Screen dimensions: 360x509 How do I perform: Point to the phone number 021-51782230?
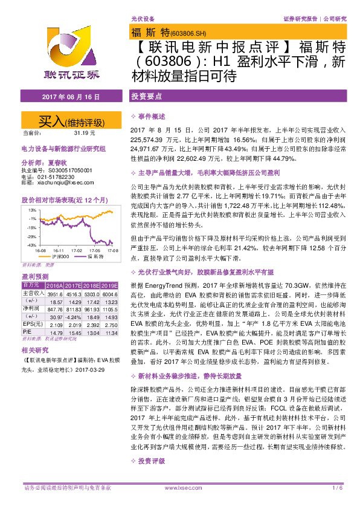pyautogui.click(x=57, y=177)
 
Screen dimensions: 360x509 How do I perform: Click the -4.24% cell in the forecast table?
pyautogui.click(x=74, y=316)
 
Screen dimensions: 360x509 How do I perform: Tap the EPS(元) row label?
pyautogui.click(x=33, y=324)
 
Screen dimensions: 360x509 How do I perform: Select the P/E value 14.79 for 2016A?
pyautogui.click(x=56, y=332)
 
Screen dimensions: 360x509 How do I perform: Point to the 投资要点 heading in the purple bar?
pyautogui.click(x=146, y=97)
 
